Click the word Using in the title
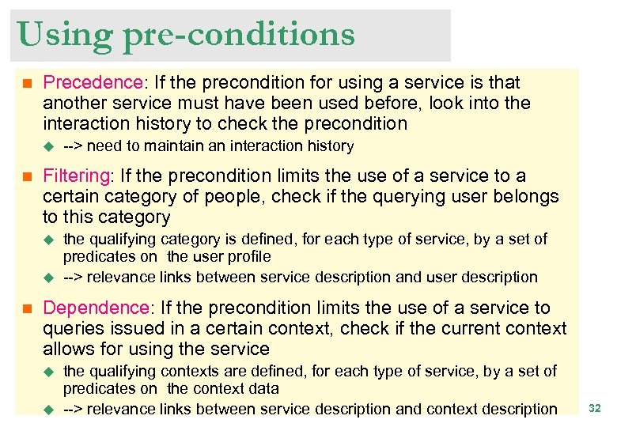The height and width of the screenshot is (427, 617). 54,35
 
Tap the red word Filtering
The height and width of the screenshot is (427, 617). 76,176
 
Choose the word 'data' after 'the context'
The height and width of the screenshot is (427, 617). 263,389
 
